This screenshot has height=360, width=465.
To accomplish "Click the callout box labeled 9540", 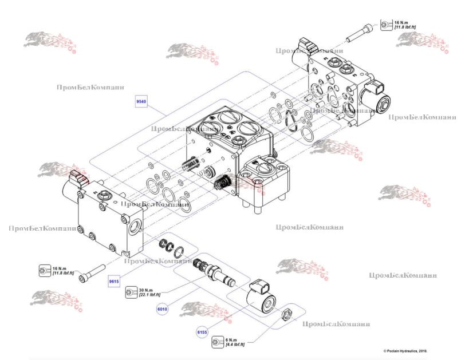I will (x=141, y=101).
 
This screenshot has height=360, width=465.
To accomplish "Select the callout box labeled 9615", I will (x=115, y=282).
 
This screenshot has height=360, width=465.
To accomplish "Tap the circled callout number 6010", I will (x=163, y=309).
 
